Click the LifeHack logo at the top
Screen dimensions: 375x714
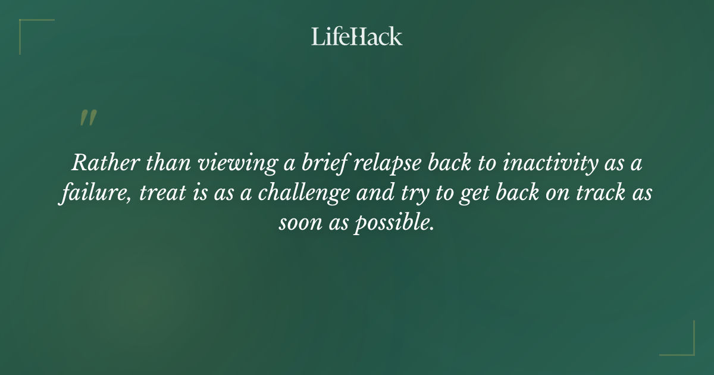(x=357, y=36)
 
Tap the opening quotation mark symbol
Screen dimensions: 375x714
(x=87, y=118)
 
